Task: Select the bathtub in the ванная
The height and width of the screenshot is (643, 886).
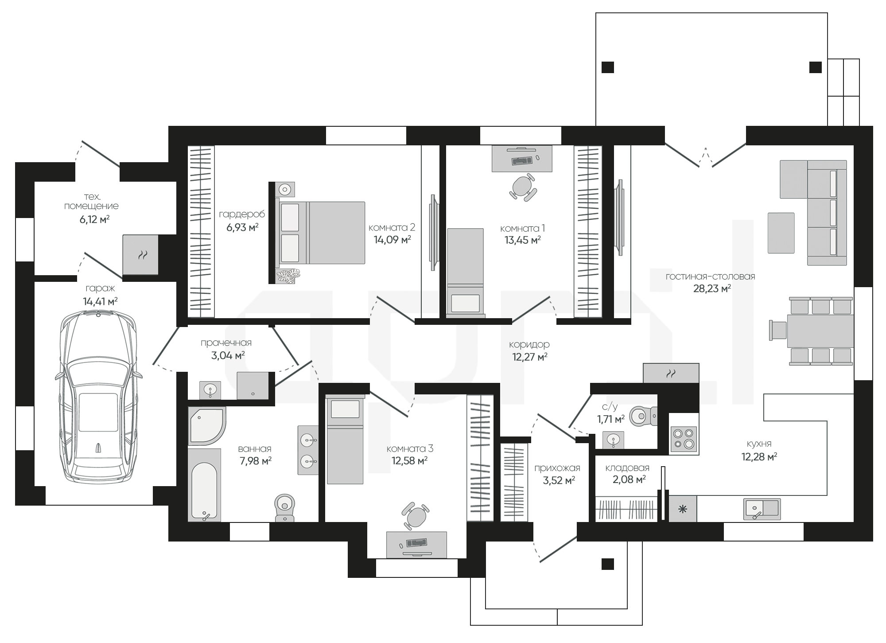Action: pyautogui.click(x=204, y=485)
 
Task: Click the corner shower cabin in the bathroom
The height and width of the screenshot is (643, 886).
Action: pyautogui.click(x=206, y=425)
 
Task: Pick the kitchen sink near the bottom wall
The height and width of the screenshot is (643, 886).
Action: pyautogui.click(x=762, y=509)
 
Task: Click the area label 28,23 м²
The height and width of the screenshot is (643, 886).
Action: pyautogui.click(x=712, y=289)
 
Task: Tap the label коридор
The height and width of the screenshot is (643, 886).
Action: pyautogui.click(x=529, y=344)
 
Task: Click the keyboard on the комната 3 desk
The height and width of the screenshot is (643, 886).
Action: pyautogui.click(x=416, y=542)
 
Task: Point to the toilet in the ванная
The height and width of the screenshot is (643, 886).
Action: pyautogui.click(x=285, y=508)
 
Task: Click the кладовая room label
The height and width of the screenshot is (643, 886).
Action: pyautogui.click(x=627, y=468)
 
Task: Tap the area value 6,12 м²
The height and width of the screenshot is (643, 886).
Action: pyautogui.click(x=94, y=219)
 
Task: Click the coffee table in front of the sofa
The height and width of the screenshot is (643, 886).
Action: pyautogui.click(x=781, y=233)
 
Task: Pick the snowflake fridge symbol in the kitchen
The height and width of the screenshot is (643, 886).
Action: pyautogui.click(x=683, y=509)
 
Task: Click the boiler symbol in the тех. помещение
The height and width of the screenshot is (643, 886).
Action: pyautogui.click(x=140, y=255)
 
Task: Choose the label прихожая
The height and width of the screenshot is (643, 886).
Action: pyautogui.click(x=557, y=468)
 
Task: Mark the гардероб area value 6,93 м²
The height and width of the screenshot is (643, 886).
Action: pyautogui.click(x=242, y=227)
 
